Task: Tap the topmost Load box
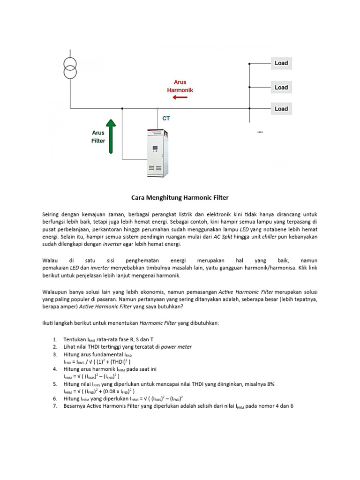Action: coord(281,63)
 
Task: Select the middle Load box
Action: coord(281,88)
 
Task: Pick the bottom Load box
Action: coord(281,109)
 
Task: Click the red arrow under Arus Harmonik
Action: coord(180,97)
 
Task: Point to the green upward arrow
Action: coord(111,136)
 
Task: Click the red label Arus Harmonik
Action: coord(180,86)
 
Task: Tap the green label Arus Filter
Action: coord(98,136)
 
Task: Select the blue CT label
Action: coord(166,119)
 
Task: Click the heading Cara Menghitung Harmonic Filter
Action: coord(180,198)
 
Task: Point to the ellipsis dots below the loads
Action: coord(260,133)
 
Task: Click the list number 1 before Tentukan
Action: coord(55,339)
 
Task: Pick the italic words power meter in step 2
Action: coord(177,346)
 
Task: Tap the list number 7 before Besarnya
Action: coord(55,406)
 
